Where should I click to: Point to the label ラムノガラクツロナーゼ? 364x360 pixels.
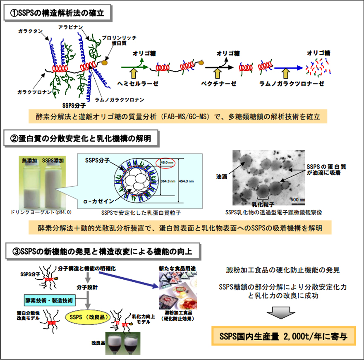pos(291,84)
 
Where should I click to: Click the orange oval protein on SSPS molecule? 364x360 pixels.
pos(104,63)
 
